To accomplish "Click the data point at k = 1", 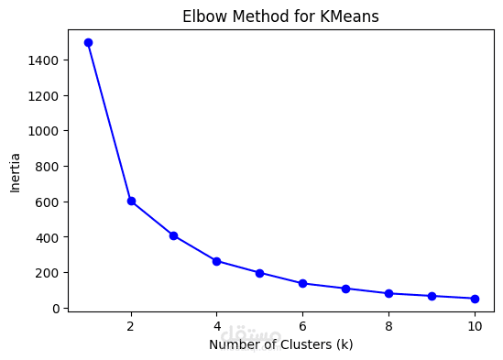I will coord(88,42).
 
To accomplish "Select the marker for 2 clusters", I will coord(131,201).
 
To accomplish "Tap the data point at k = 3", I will coord(174,235).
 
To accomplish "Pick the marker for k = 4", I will coord(217,261).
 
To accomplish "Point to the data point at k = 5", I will coord(260,273).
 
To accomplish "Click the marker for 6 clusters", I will coord(303,284).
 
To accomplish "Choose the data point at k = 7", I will coord(346,289).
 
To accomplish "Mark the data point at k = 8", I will coord(389,294).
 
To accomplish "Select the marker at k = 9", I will coord(432,296).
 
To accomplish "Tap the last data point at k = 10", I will coord(475,299).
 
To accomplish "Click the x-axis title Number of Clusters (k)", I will coord(280,345).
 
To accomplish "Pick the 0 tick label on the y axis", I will coord(57,309).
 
